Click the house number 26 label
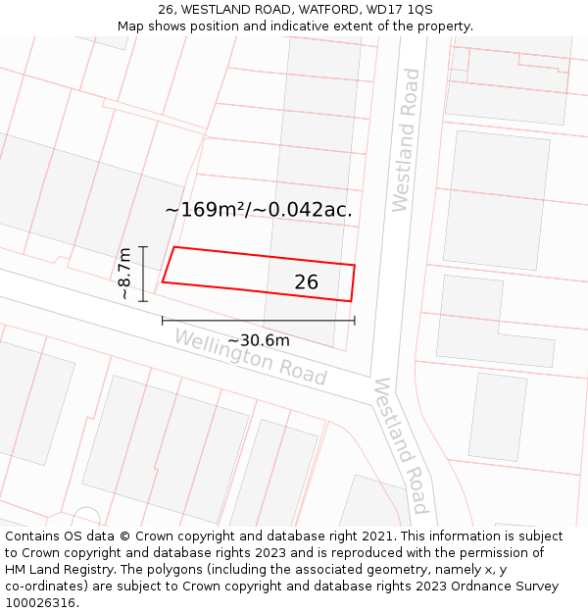point(306,282)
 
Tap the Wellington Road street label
point(250,356)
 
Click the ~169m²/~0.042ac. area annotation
point(259,209)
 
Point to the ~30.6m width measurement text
point(259,340)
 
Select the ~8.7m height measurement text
point(124,274)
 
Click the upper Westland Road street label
point(405,140)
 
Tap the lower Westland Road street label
point(401,445)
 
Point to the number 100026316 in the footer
point(40,603)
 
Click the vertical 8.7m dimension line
point(143,274)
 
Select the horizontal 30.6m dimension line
point(259,320)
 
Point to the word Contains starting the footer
point(34,536)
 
